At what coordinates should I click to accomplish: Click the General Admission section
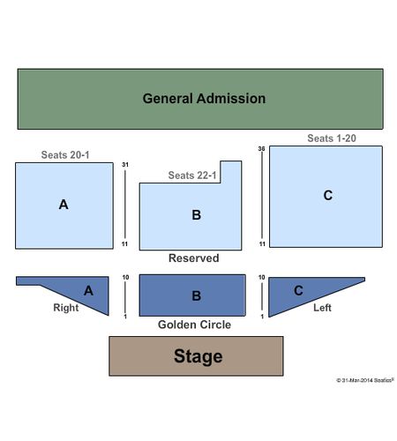point(200,99)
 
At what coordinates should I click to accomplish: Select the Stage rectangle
point(196,356)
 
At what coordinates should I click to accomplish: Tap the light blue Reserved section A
point(64,206)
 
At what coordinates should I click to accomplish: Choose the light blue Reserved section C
point(326,197)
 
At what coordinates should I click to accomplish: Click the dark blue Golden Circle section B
point(192,295)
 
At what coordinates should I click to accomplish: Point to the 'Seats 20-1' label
point(65,155)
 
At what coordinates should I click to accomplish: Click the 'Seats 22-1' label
point(192,176)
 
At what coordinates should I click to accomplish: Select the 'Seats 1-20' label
point(332,138)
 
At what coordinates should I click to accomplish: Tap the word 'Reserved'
point(194,258)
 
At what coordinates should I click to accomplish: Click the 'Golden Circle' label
point(194,325)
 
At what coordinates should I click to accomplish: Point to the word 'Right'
point(66,308)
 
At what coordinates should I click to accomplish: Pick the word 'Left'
point(322,308)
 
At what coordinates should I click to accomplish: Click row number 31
point(125,165)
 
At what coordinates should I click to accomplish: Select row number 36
point(261,149)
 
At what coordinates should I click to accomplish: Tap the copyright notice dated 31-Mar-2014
point(365,380)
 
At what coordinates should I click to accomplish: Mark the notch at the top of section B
point(231,172)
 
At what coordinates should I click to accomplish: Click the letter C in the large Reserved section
point(328,195)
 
